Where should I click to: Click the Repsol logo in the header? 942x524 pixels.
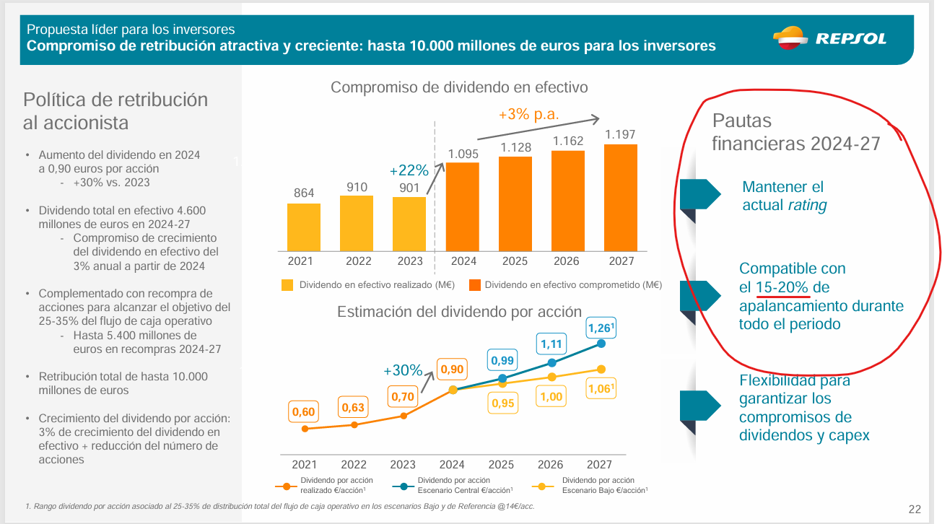[829, 38]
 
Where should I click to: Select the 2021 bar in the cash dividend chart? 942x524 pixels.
[304, 227]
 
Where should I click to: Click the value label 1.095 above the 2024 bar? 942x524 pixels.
[463, 154]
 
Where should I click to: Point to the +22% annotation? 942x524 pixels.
[409, 171]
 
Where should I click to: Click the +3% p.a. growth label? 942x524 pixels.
[528, 114]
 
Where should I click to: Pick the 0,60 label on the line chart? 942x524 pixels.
[304, 411]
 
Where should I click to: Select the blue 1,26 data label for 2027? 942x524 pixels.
[601, 328]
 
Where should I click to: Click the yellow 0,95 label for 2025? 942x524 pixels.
[502, 403]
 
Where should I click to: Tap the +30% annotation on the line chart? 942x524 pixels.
[403, 370]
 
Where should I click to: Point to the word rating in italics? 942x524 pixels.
[807, 206]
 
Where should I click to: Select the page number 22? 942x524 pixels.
[915, 509]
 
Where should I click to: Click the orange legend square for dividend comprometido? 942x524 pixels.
[475, 285]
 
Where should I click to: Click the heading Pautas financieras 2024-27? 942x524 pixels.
[795, 132]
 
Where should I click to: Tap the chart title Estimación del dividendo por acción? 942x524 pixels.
[459, 312]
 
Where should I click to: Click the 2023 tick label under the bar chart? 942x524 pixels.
[409, 261]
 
